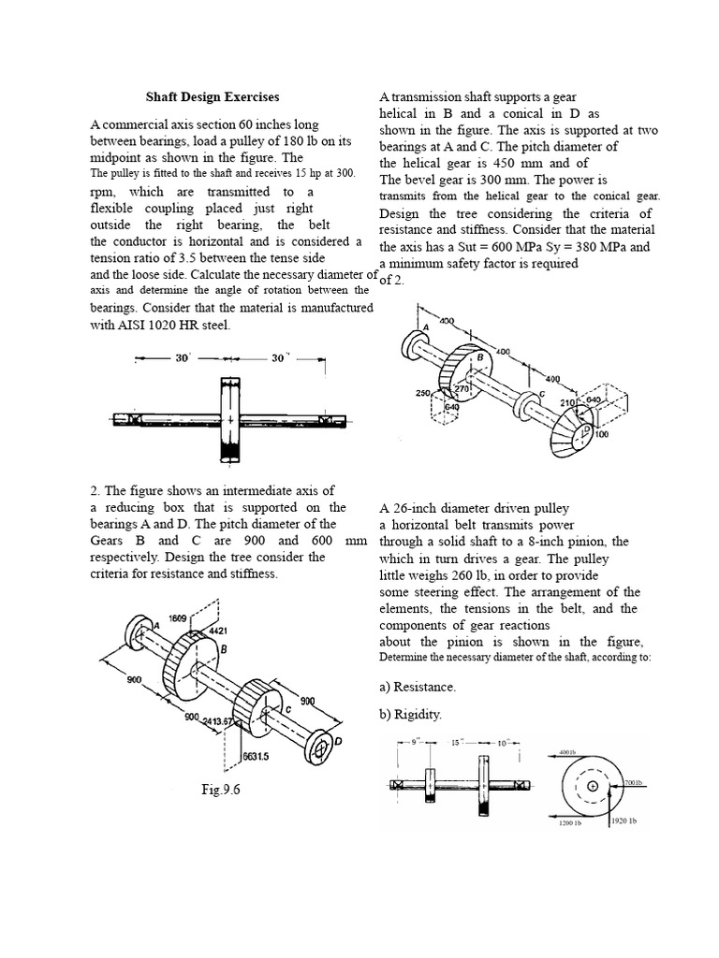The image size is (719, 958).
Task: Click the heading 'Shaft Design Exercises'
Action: click(212, 96)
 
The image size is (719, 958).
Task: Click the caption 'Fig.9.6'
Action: click(221, 790)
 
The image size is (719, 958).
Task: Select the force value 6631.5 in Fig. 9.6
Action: click(257, 757)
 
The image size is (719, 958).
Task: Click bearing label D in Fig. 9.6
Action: click(338, 742)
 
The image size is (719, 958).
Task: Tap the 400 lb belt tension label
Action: click(569, 751)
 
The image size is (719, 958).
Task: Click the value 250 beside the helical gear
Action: click(422, 393)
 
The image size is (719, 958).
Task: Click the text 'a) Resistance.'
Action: click(418, 687)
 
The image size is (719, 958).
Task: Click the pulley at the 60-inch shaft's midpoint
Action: click(229, 418)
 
